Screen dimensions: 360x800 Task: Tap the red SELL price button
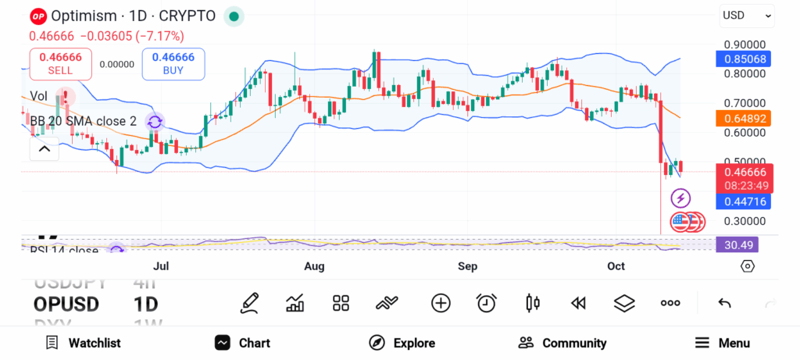pos(60,63)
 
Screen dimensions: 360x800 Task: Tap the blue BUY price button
pos(173,63)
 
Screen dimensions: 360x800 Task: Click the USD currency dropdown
pos(747,15)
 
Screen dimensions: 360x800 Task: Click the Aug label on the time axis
pos(314,267)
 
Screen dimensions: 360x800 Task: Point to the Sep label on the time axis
pos(467,267)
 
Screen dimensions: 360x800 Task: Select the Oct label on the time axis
pos(616,267)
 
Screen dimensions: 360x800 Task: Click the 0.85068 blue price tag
pos(744,59)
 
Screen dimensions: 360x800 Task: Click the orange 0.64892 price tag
pos(744,119)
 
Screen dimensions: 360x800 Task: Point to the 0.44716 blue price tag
pos(744,201)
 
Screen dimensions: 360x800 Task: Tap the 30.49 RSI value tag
pos(737,244)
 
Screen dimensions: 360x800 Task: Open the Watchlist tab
pos(83,343)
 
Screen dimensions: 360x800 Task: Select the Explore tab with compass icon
pos(402,343)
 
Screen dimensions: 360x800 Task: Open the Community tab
pos(562,343)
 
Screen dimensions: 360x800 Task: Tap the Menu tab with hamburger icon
pos(722,343)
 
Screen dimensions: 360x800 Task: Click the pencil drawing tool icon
pos(250,303)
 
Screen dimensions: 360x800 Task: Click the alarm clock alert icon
pos(487,303)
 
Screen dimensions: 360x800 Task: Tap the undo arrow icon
pos(724,303)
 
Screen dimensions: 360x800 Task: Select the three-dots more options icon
pos(670,303)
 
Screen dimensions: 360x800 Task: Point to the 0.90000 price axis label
pos(744,45)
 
